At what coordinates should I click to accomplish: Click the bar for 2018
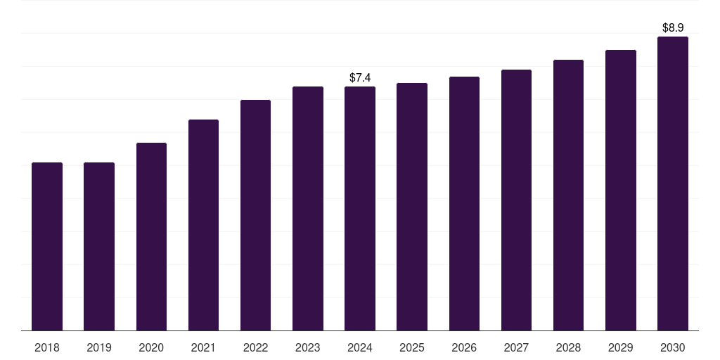[47, 246]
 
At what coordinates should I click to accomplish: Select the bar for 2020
[151, 236]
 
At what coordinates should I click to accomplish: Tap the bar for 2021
[203, 225]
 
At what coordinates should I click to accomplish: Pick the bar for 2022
[255, 215]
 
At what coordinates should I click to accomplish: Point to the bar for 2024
[360, 208]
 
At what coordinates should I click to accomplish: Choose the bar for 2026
[464, 203]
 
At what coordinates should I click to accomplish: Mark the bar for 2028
[568, 195]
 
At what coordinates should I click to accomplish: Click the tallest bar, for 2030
[672, 184]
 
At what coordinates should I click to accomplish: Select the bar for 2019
[99, 246]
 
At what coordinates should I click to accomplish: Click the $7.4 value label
[360, 77]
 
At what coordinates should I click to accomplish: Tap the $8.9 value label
[673, 27]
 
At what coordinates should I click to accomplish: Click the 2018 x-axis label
[47, 347]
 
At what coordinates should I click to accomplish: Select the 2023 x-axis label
[308, 347]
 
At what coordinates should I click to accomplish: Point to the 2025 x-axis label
[412, 347]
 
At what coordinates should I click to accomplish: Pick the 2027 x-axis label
[516, 347]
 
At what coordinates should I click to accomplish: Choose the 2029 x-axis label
[620, 347]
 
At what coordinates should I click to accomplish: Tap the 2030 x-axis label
[672, 347]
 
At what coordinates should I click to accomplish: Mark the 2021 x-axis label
[203, 347]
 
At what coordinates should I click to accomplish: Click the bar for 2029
[620, 190]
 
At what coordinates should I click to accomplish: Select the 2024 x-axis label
[360, 347]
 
